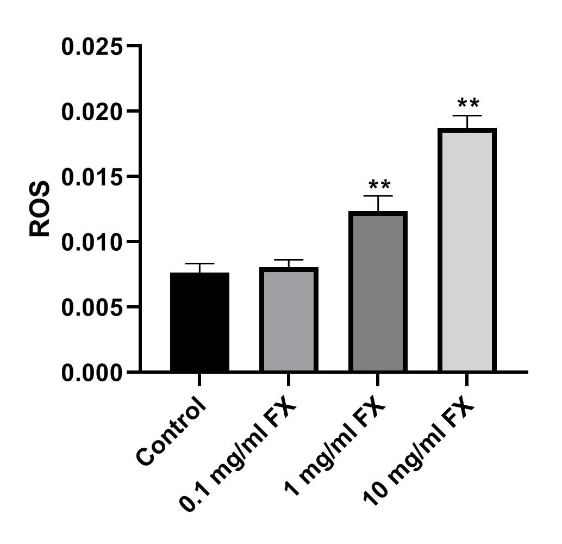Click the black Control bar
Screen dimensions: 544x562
click(x=199, y=322)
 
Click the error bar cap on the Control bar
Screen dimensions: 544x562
click(x=199, y=264)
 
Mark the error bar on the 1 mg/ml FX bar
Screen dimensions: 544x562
click(x=378, y=202)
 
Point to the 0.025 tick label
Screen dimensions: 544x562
click(x=92, y=46)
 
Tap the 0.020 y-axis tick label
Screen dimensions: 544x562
click(x=92, y=112)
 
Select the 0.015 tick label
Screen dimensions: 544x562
click(x=92, y=177)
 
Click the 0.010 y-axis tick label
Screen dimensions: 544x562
click(x=92, y=242)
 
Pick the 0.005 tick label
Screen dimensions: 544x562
click(x=92, y=307)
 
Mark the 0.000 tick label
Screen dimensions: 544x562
click(x=92, y=372)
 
